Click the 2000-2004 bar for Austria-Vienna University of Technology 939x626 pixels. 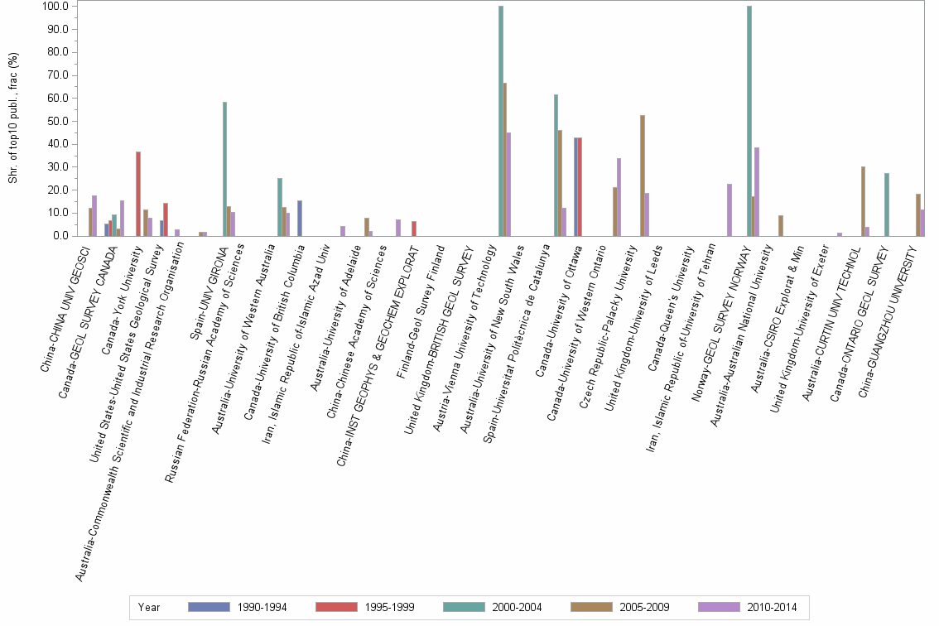click(x=501, y=121)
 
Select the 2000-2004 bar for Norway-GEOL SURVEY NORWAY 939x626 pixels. click(x=749, y=121)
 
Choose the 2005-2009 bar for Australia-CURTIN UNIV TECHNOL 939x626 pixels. click(x=864, y=201)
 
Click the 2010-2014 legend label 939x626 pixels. click(x=770, y=607)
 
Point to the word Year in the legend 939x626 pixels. click(x=149, y=607)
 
